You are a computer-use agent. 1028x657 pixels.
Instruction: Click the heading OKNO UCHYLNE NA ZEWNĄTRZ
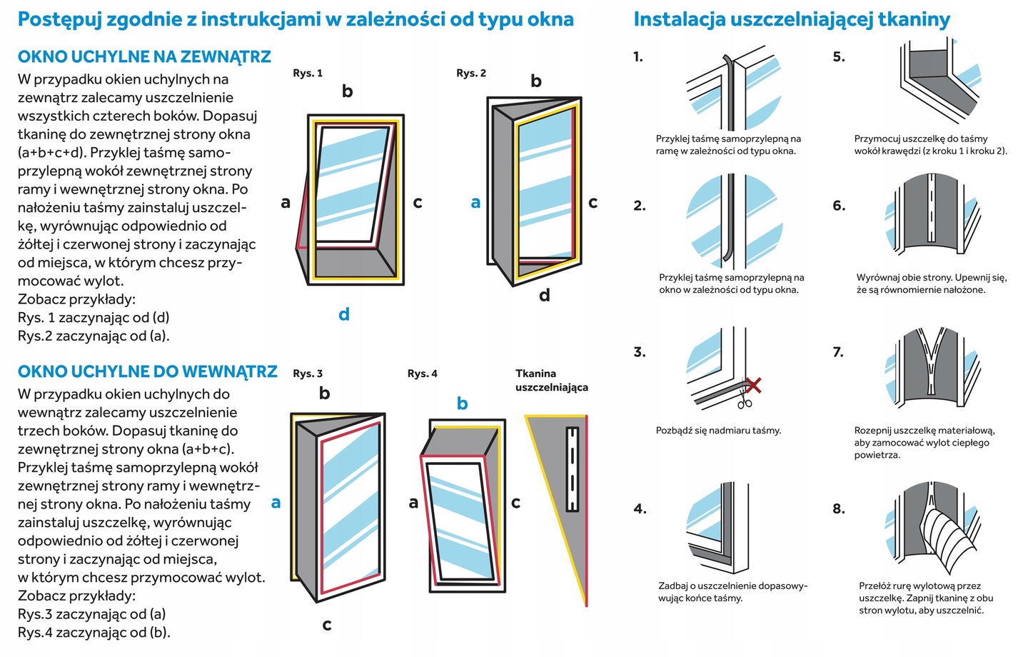click(144, 57)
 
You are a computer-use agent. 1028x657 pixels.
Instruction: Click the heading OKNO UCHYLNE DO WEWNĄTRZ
click(147, 371)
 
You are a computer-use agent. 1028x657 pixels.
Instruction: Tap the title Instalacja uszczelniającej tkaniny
click(792, 19)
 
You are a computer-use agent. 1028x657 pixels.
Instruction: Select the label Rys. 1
click(308, 73)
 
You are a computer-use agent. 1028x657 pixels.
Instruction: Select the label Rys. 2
click(471, 73)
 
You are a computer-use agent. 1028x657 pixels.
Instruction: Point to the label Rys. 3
click(308, 373)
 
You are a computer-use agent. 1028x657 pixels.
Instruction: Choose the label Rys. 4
click(423, 373)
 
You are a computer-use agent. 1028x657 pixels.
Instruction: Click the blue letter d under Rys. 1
click(344, 314)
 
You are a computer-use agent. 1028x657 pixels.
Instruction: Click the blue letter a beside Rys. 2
click(475, 203)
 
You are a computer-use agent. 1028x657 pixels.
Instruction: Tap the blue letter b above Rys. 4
click(463, 403)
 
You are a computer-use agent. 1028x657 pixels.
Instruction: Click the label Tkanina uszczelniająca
click(551, 380)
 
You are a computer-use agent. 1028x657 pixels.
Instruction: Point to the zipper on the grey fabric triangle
click(572, 469)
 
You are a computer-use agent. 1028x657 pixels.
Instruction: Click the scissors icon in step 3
click(745, 401)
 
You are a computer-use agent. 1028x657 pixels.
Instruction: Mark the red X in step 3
click(752, 386)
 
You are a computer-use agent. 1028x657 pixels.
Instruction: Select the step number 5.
click(839, 57)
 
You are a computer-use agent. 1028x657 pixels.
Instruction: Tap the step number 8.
click(839, 508)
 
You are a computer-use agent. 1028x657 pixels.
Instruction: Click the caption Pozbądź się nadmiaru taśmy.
click(718, 431)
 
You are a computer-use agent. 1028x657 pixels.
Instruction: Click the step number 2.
click(640, 206)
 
